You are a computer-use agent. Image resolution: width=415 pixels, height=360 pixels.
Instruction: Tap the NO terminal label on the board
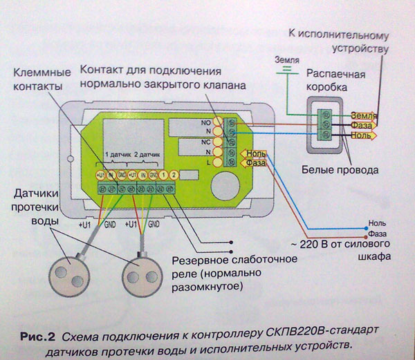(205, 122)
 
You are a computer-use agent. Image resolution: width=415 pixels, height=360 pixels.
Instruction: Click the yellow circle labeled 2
(174, 175)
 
